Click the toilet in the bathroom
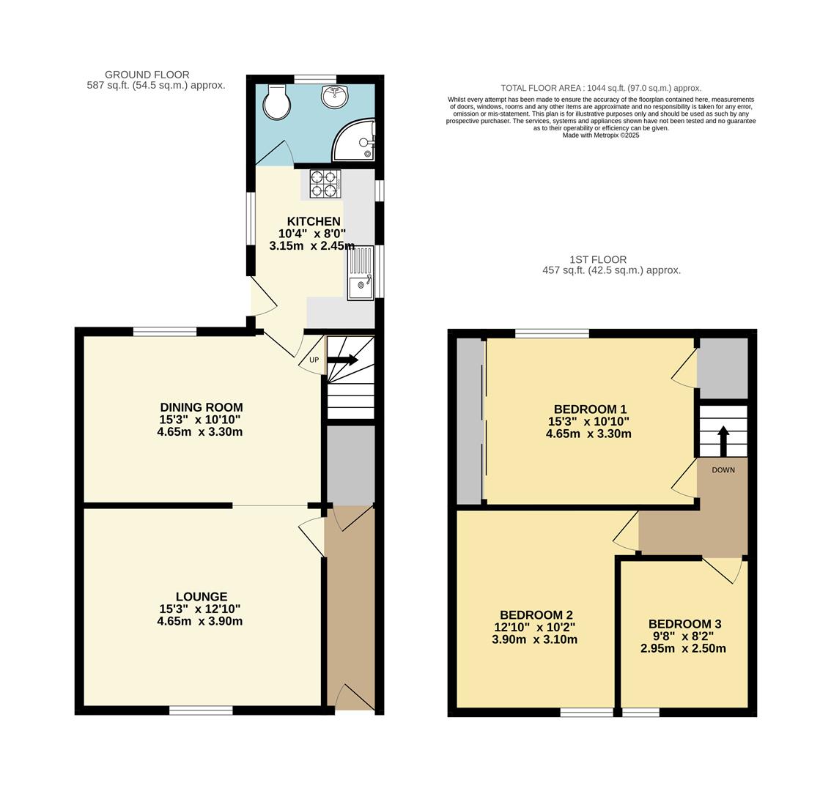277,103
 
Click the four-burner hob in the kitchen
325,183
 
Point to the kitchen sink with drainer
361,273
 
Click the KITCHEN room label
313,221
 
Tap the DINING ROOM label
201,407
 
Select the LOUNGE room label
201,597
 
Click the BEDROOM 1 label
590,409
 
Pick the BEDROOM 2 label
536,615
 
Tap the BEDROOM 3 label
684,624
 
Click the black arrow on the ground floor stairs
342,360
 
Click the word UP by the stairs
314,360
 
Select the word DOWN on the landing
723,470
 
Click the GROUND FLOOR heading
147,75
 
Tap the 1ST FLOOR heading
598,259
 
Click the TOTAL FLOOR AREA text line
600,88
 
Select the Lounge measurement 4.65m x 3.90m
199,621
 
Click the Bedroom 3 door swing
724,568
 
